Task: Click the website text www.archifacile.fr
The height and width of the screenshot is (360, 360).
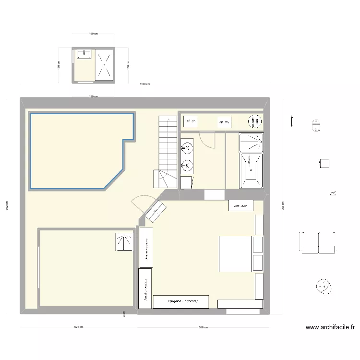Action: [331, 328]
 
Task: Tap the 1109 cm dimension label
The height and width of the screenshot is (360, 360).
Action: [144, 84]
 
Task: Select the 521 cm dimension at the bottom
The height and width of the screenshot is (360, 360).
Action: [79, 327]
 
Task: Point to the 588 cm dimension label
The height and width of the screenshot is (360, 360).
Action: [203, 327]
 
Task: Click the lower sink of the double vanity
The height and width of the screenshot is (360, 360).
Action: [188, 166]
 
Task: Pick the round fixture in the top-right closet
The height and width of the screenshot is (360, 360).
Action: [252, 122]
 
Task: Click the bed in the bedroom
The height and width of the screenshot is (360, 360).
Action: [236, 253]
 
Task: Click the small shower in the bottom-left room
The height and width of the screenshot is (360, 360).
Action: [124, 242]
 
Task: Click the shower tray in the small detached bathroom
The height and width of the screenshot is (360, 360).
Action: [103, 65]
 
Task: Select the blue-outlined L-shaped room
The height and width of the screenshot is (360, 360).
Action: [77, 149]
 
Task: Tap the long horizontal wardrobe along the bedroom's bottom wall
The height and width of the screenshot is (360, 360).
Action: [181, 301]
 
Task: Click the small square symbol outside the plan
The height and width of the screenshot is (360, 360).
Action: [324, 163]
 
